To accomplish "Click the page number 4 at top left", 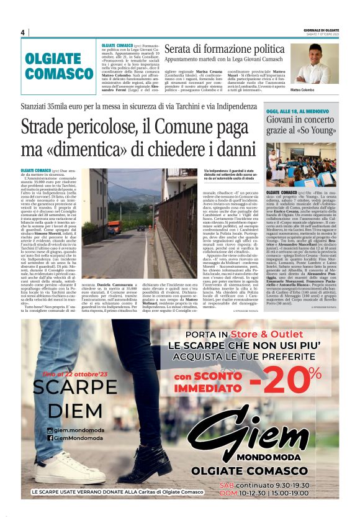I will [x=22, y=32].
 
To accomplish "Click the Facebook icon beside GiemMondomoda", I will [x=50, y=439].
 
